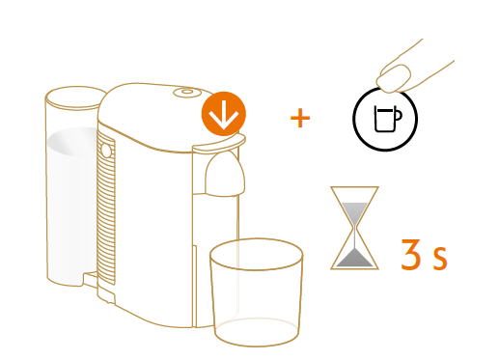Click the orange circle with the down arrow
click(x=224, y=114)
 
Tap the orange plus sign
click(x=300, y=118)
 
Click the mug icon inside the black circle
click(x=388, y=119)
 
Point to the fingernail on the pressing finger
click(x=394, y=78)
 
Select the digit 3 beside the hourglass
click(x=411, y=254)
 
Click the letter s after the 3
click(x=440, y=259)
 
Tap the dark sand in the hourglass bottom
click(x=354, y=258)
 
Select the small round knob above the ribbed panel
click(x=106, y=151)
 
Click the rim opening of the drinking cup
click(x=257, y=254)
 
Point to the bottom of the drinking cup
click(x=257, y=332)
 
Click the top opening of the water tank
click(x=75, y=97)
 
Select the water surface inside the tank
click(x=72, y=142)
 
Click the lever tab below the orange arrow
click(x=219, y=144)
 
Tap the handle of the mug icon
click(x=399, y=115)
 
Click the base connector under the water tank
click(x=91, y=279)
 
